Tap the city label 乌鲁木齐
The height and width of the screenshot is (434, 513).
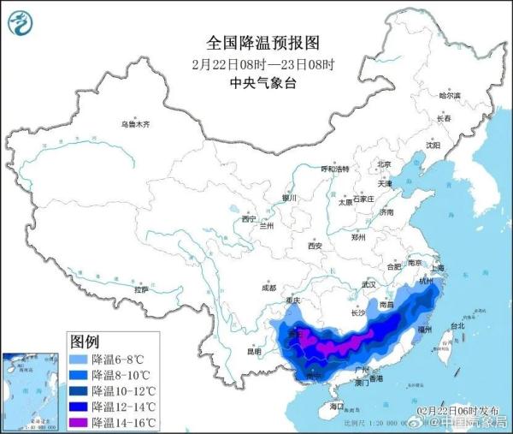pyautogui.click(x=135, y=125)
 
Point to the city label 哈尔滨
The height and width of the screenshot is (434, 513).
pyautogui.click(x=449, y=95)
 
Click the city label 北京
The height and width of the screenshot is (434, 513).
pyautogui.click(x=384, y=164)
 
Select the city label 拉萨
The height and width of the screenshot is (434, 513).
pyautogui.click(x=141, y=290)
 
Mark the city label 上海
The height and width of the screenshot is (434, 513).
pyautogui.click(x=438, y=266)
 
